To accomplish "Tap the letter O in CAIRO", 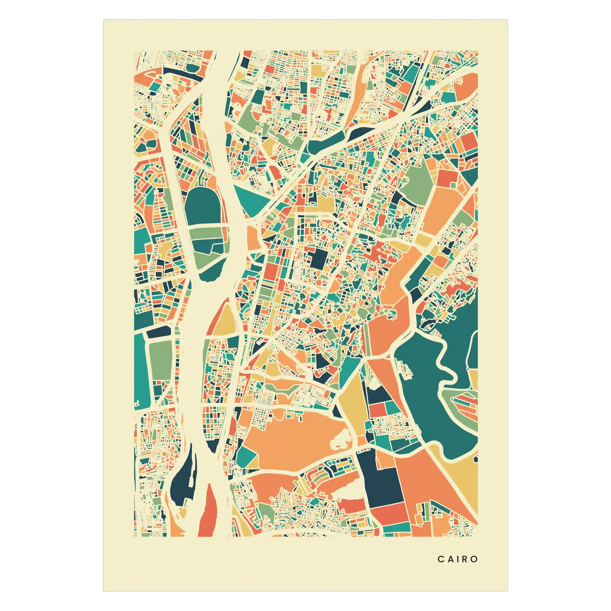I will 474,559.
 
